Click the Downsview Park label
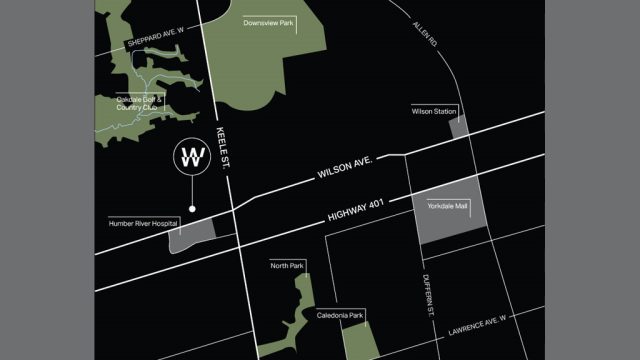pos(269,23)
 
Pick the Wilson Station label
pos(434,111)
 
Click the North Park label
pos(287,265)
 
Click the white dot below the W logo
pos(192,209)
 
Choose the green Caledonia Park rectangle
pos(360,340)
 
